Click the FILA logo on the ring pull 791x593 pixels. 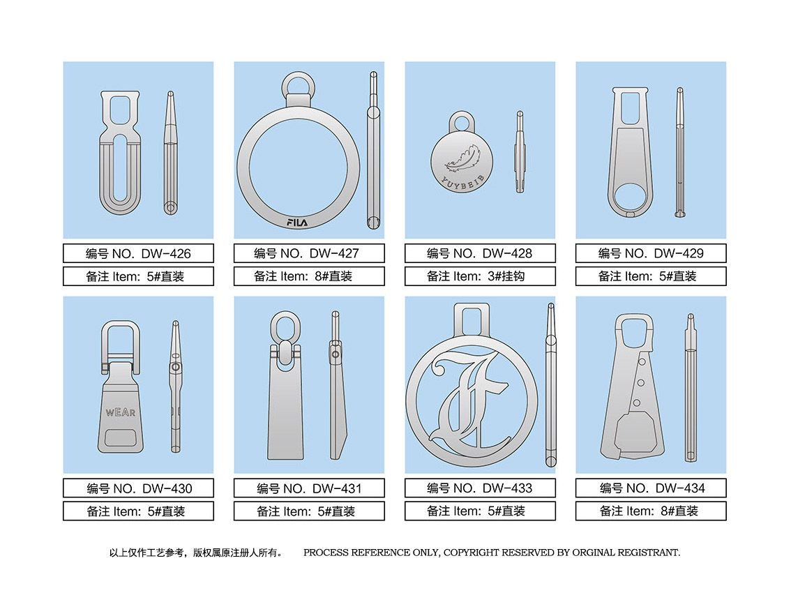297,222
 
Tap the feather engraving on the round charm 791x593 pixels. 462,158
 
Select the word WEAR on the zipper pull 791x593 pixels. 121,412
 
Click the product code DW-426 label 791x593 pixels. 138,253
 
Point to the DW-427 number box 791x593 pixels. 309,253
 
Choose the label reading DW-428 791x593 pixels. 480,253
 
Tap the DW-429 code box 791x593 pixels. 651,253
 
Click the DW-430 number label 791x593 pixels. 138,488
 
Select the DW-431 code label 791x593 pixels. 309,488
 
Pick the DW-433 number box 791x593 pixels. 480,488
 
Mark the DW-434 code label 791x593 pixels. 651,488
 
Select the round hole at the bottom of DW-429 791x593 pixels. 630,197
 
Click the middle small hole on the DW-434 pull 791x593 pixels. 640,382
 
